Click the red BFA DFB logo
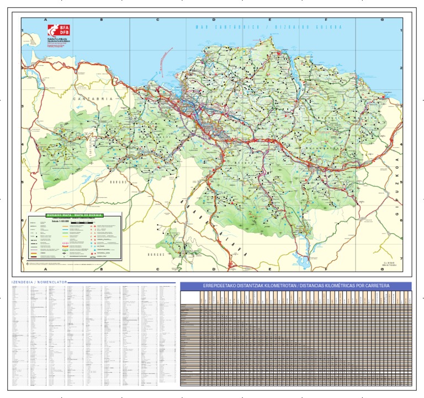click(54, 31)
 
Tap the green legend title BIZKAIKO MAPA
click(75, 215)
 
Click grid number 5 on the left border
click(23, 182)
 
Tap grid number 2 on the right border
click(402, 68)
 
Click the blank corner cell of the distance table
click(190, 298)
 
